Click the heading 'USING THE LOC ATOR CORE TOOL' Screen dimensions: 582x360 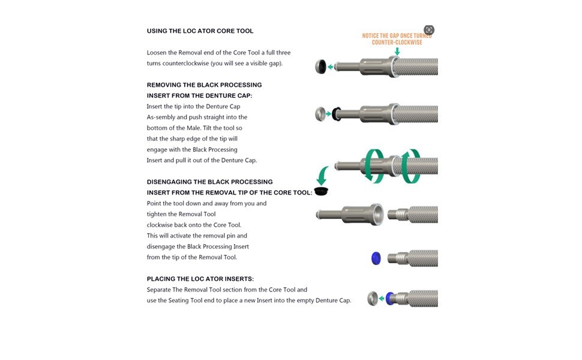(x=200, y=31)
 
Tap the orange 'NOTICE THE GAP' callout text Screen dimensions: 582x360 (x=397, y=39)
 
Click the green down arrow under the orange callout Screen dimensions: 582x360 (x=397, y=51)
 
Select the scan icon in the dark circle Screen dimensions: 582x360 (x=429, y=30)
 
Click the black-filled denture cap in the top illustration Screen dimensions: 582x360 (x=320, y=67)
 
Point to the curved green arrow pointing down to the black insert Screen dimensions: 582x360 (x=322, y=175)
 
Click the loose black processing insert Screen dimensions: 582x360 (x=321, y=191)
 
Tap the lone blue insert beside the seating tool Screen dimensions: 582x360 (x=376, y=258)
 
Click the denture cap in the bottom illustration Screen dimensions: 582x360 (x=372, y=298)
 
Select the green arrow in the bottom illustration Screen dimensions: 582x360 (x=382, y=298)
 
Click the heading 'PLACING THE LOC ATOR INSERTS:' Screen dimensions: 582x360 (x=200, y=279)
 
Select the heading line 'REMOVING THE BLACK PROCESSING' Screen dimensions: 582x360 (x=204, y=85)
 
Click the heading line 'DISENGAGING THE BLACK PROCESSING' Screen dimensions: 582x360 (x=210, y=182)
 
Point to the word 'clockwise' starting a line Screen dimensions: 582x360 (x=159, y=225)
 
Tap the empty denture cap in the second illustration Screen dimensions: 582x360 (x=320, y=114)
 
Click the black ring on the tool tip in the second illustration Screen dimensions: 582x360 (x=337, y=114)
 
